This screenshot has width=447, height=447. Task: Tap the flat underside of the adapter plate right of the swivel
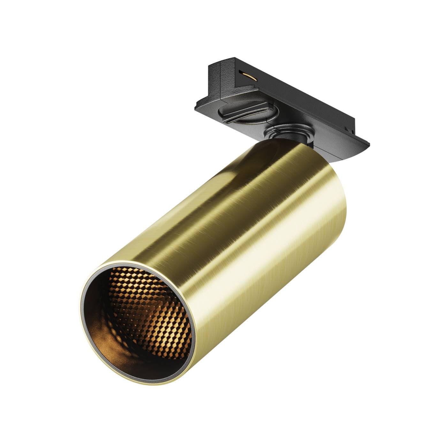coord(332,153)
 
